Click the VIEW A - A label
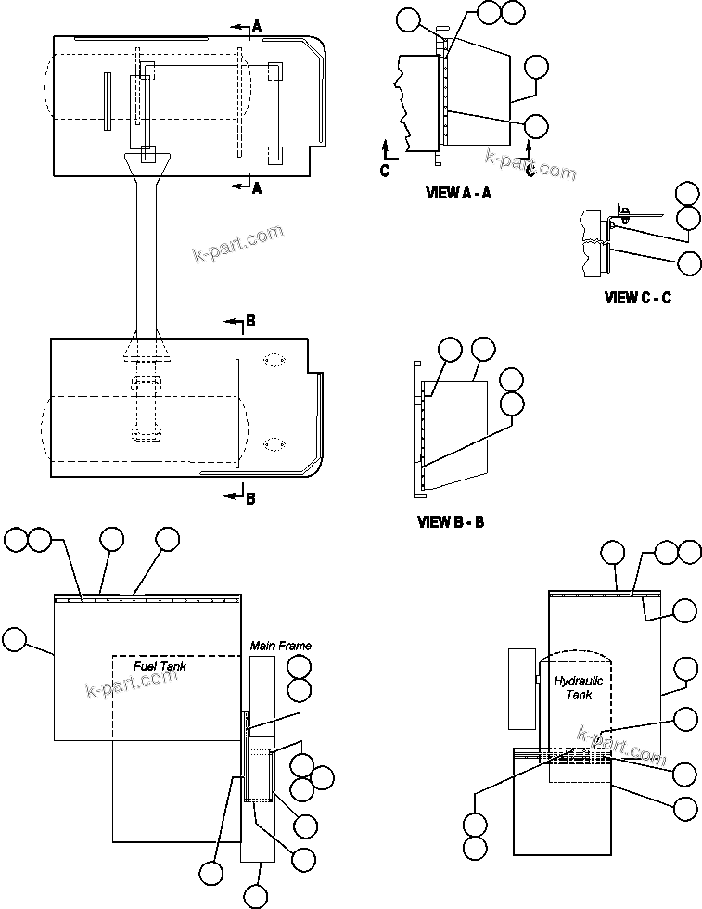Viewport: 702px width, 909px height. (x=458, y=193)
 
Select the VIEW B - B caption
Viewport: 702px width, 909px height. (x=451, y=522)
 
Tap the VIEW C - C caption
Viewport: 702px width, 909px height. (x=637, y=298)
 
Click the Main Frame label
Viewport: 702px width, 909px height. (x=280, y=645)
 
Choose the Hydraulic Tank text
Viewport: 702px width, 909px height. (x=579, y=687)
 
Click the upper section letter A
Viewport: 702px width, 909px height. (x=257, y=27)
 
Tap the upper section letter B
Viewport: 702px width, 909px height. (x=249, y=322)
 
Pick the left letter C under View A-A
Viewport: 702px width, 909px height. (x=385, y=170)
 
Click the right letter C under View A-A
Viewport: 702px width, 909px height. (x=530, y=170)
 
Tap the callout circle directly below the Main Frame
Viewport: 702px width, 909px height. (x=257, y=896)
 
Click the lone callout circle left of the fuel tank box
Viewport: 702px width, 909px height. (x=15, y=639)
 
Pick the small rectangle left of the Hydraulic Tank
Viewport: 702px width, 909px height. (x=522, y=687)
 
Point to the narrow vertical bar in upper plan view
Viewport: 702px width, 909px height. (x=108, y=100)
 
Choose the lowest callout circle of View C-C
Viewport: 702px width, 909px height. (x=689, y=263)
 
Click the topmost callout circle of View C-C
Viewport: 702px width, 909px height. (x=687, y=194)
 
